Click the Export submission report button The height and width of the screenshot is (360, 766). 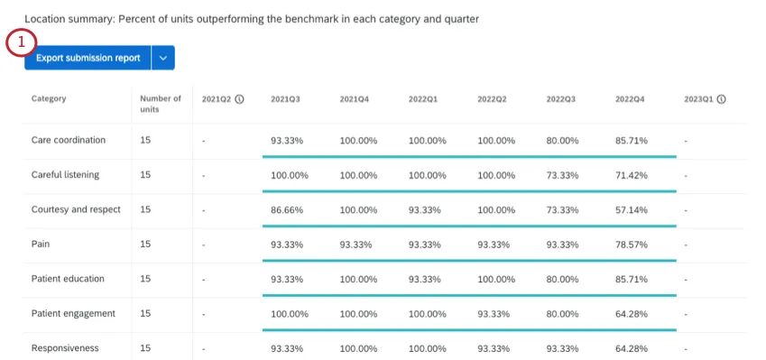pyautogui.click(x=88, y=58)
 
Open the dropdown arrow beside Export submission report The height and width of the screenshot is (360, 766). pyautogui.click(x=163, y=58)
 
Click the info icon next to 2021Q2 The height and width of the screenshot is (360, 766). pyautogui.click(x=239, y=99)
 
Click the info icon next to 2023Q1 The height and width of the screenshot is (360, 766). pyautogui.click(x=722, y=99)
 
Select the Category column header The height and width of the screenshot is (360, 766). pyautogui.click(x=49, y=99)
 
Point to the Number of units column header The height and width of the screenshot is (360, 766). pyautogui.click(x=161, y=104)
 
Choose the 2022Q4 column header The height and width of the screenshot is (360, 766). pyautogui.click(x=630, y=99)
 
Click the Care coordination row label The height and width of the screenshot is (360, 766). pyautogui.click(x=69, y=140)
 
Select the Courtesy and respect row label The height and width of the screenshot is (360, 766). pyautogui.click(x=77, y=209)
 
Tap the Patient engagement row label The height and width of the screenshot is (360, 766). pyautogui.click(x=73, y=313)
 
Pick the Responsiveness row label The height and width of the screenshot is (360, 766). pyautogui.click(x=65, y=347)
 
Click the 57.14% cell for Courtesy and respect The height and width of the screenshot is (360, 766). pyautogui.click(x=631, y=209)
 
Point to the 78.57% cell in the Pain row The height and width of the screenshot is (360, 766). pyautogui.click(x=631, y=245)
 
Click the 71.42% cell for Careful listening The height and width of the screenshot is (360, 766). pyautogui.click(x=631, y=175)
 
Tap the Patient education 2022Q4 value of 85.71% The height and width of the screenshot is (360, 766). pyautogui.click(x=631, y=279)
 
